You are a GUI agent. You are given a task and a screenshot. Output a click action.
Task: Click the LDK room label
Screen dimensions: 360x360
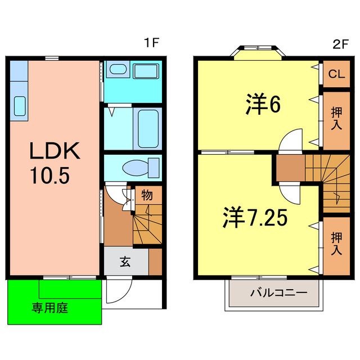pyautogui.click(x=56, y=151)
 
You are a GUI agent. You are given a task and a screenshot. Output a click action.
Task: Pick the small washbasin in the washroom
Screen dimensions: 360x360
pyautogui.click(x=118, y=70)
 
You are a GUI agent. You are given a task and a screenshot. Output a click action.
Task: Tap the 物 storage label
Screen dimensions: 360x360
pyautogui.click(x=146, y=195)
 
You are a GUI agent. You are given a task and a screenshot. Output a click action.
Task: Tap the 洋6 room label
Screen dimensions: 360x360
pyautogui.click(x=263, y=105)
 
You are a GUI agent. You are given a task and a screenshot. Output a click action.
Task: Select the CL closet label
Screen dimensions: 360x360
pyautogui.click(x=336, y=74)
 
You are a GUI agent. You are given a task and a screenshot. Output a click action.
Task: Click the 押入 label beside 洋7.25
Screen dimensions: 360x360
pyautogui.click(x=336, y=245)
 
